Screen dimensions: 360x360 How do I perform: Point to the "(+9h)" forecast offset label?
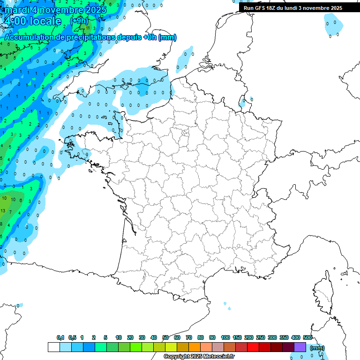point(78,21)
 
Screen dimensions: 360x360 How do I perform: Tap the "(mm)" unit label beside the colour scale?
point(317,348)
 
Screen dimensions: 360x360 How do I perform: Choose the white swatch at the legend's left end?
point(54,347)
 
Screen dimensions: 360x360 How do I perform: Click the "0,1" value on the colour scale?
point(60,337)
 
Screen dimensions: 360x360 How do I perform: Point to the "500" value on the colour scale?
point(307,337)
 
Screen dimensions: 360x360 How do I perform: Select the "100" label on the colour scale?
point(225,337)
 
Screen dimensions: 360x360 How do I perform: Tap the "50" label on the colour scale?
point(165,337)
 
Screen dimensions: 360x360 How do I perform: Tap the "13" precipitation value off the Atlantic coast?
point(3,211)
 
